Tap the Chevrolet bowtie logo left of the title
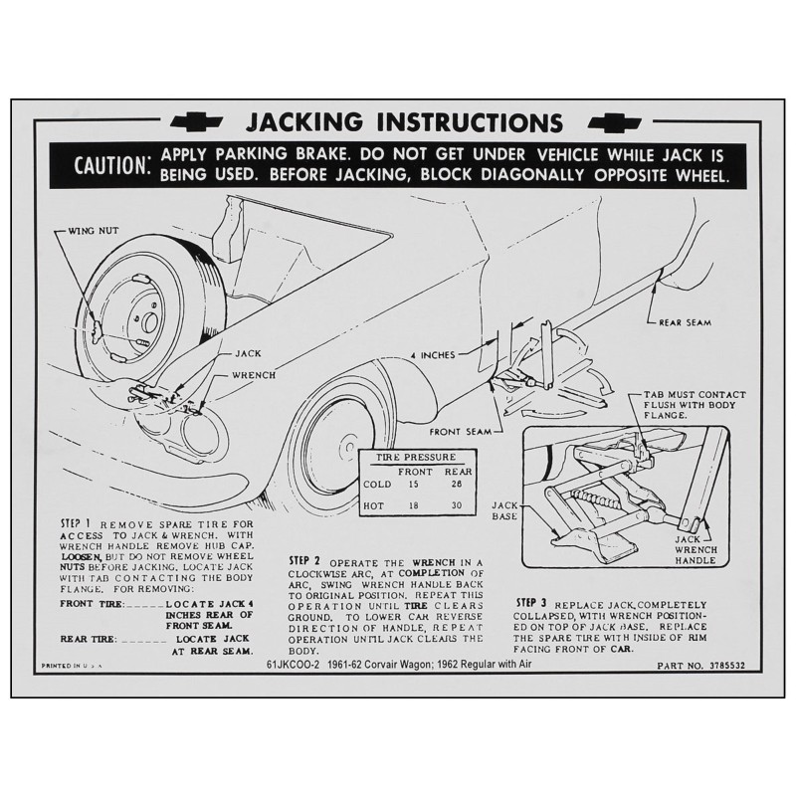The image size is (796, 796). pos(197,122)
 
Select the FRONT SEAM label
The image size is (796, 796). pos(461,432)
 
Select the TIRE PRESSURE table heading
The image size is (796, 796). pos(415,456)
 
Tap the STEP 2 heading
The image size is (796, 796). pos(302,561)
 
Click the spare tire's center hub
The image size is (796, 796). pos(147,321)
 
